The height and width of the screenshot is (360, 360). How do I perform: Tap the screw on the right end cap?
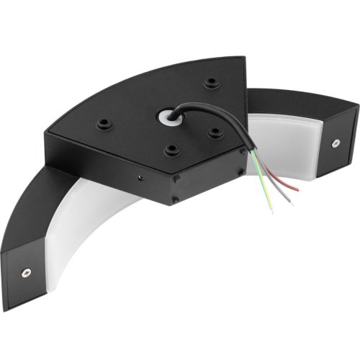coord(336,143)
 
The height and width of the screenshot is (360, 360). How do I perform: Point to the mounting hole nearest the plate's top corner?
coord(210,83)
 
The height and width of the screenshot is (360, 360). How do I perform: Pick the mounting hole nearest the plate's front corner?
coord(172,150)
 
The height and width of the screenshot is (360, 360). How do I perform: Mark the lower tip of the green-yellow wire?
coord(272,210)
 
